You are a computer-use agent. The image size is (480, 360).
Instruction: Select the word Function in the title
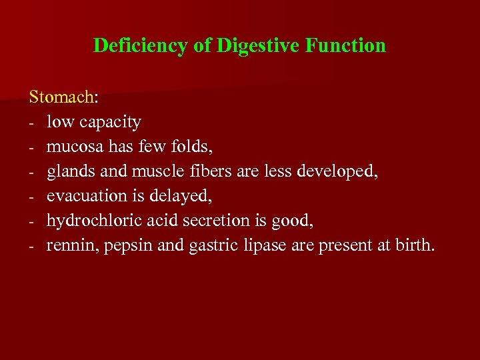point(345,45)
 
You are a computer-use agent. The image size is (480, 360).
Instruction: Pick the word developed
point(337,171)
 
